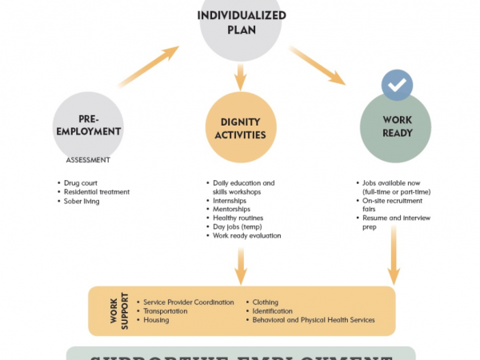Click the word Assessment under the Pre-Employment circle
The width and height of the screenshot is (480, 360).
[x=88, y=160]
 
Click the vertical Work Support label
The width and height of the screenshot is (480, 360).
[x=114, y=311]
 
